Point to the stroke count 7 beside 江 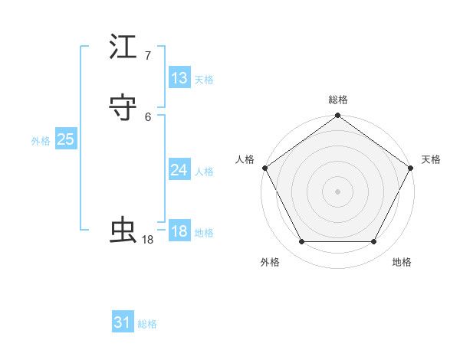148,56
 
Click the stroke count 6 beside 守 148,116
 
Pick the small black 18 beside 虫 148,240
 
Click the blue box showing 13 179,78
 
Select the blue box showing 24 179,170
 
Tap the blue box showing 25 65,139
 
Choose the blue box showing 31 123,322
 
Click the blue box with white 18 179,231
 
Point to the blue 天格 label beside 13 204,80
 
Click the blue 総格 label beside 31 147,324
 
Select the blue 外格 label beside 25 41,141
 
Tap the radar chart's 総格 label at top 338,100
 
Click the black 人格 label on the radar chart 245,159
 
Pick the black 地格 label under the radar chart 402,262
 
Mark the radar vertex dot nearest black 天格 412,168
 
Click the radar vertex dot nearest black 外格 301,242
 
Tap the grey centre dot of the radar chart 338,191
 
